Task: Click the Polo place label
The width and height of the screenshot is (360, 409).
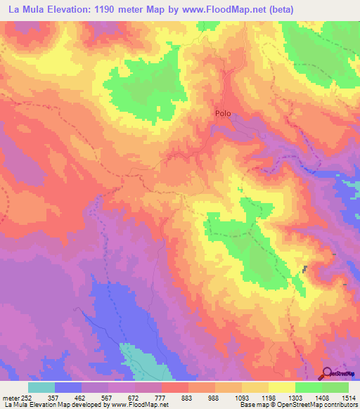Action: (222, 112)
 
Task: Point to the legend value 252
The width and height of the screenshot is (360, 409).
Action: (25, 398)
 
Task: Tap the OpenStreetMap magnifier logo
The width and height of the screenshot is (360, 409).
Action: (328, 374)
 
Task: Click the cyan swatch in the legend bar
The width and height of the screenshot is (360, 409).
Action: (41, 387)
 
